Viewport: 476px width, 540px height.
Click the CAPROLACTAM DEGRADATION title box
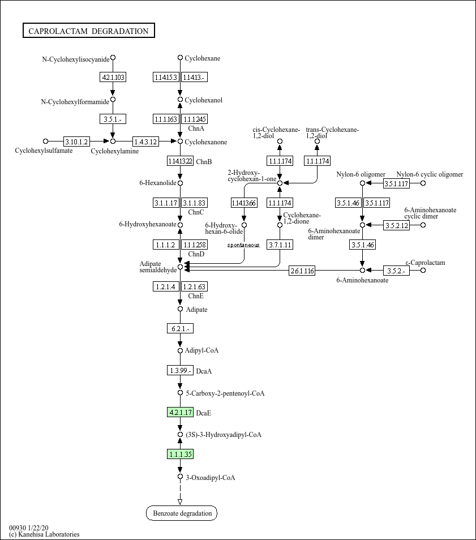pos(88,31)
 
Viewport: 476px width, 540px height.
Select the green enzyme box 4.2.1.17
pos(181,412)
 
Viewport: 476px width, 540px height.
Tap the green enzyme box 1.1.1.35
pos(181,454)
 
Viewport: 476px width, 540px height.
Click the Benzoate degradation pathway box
pos(182,513)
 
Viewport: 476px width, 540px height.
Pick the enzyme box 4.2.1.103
pos(113,77)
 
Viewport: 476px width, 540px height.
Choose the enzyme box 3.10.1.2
pos(76,141)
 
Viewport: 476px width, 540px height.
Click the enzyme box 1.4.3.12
pos(146,141)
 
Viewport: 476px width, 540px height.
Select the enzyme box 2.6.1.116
pos(302,271)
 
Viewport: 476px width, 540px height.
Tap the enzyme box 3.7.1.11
pos(280,245)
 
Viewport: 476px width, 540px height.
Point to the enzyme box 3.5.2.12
pos(396,225)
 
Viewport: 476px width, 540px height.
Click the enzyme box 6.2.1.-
pos(180,328)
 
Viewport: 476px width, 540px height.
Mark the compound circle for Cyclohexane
pos(180,58)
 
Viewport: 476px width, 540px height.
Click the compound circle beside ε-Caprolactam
pos(423,271)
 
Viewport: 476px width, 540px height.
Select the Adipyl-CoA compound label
pos(201,351)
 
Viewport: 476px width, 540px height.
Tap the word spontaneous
pos(243,245)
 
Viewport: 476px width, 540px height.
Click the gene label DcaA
pos(204,371)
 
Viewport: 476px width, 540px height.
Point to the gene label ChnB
pos(204,162)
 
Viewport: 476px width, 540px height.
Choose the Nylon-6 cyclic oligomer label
pos(430,174)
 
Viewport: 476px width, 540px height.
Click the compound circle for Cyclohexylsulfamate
pos(46,141)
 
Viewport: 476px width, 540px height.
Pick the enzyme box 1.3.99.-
pos(180,370)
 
